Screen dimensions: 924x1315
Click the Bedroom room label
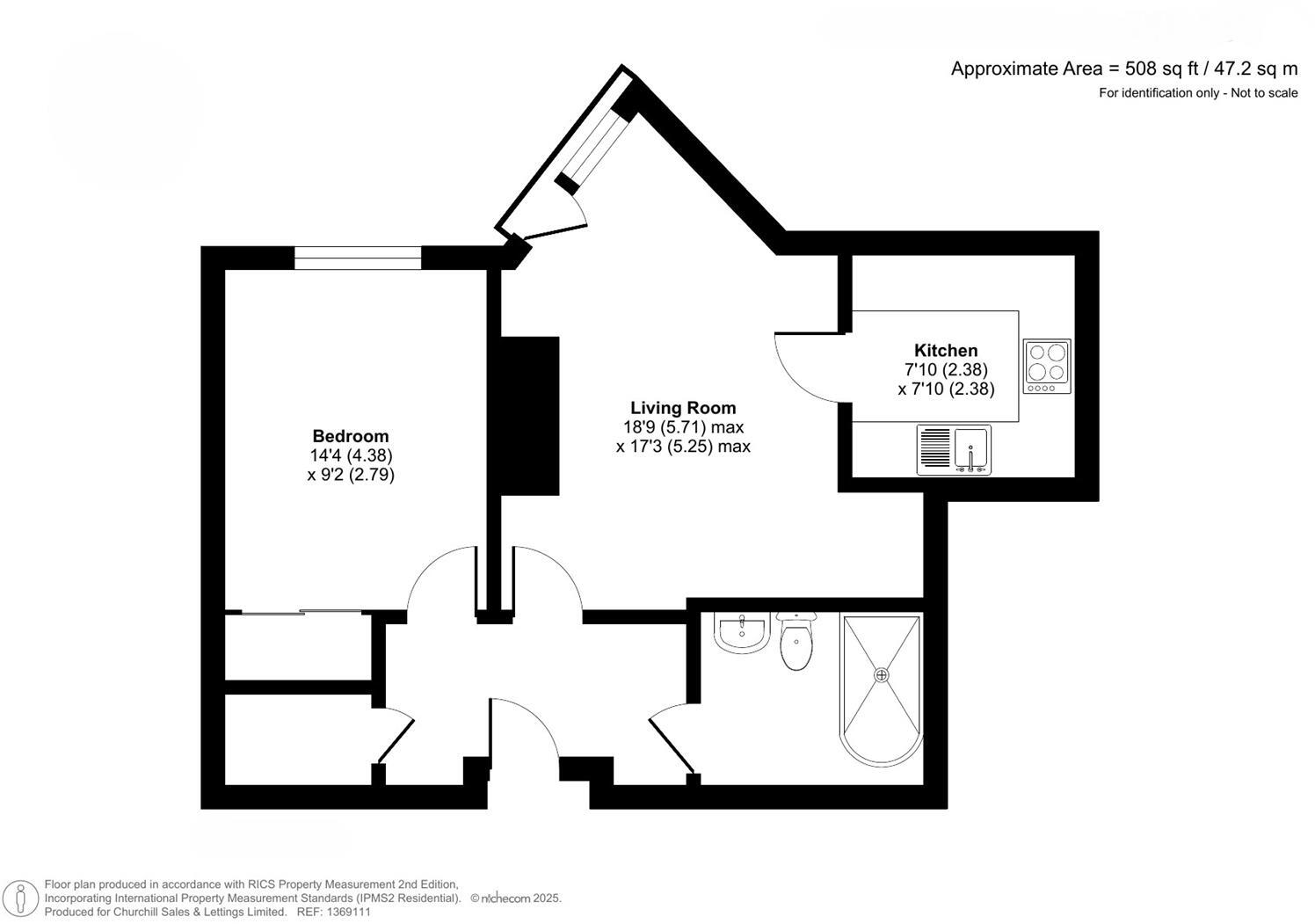pos(351,436)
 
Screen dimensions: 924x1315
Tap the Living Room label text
pos(683,408)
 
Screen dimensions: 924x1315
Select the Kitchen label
pos(946,350)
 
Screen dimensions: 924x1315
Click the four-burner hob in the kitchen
pos(1047,366)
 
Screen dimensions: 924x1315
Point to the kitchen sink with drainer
pos(954,449)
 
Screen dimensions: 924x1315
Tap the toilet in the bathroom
pos(796,642)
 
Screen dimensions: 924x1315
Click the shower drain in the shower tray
pos(882,674)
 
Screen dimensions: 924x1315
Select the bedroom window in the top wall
pos(358,258)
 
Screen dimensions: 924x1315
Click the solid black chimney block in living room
pos(530,416)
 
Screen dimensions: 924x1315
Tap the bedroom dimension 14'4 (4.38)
pos(351,455)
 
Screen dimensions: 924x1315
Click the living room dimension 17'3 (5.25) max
pos(683,447)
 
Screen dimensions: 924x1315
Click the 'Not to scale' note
pos(1264,93)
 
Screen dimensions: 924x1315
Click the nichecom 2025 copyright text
pos(516,899)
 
